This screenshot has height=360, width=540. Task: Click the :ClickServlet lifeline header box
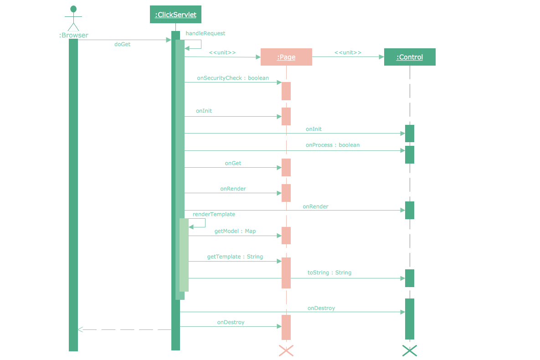click(x=175, y=15)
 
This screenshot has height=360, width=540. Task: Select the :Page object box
click(x=286, y=57)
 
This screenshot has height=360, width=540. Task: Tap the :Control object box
click(x=410, y=57)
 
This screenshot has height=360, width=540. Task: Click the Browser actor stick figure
click(x=73, y=18)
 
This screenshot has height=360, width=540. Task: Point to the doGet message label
click(x=122, y=45)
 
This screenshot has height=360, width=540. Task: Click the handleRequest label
click(x=205, y=33)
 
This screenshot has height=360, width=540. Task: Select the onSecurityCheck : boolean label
click(x=233, y=78)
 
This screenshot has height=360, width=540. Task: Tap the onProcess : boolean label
click(x=333, y=145)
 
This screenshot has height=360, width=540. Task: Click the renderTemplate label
click(x=214, y=214)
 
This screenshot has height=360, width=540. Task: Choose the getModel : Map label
click(x=235, y=231)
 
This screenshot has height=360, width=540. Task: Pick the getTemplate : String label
click(x=235, y=257)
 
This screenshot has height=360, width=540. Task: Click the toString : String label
click(x=329, y=273)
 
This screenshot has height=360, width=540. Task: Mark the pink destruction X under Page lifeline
click(x=286, y=350)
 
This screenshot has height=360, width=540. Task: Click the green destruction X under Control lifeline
click(x=410, y=350)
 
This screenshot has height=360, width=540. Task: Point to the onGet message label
click(x=233, y=163)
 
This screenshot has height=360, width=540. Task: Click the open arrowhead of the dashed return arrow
click(x=80, y=329)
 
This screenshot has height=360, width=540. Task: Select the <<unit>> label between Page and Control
click(x=348, y=52)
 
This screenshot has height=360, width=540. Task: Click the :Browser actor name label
click(x=73, y=35)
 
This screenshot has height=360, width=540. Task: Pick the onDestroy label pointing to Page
click(x=231, y=322)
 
